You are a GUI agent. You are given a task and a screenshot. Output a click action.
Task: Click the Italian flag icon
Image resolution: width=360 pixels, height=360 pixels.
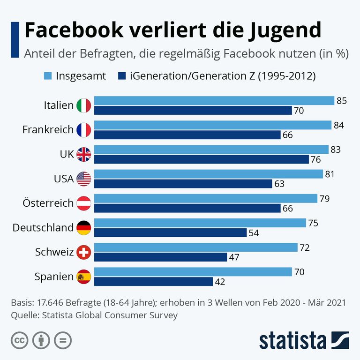(83, 105)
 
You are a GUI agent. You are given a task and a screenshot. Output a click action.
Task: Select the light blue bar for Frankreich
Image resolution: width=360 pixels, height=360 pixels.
(213, 125)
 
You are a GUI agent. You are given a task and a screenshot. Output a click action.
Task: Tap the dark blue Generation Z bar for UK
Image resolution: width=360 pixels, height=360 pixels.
(201, 159)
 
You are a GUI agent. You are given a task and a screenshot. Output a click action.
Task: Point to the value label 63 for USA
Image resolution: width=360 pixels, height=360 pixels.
(279, 184)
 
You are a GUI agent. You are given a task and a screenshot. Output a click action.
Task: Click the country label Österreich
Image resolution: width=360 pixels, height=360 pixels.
(48, 203)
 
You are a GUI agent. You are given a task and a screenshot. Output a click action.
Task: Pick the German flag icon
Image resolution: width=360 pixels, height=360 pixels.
(83, 228)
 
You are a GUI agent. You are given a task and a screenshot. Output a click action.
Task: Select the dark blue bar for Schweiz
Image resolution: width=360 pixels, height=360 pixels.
(160, 257)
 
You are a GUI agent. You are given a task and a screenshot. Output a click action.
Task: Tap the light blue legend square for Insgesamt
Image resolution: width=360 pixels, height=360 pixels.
(48, 75)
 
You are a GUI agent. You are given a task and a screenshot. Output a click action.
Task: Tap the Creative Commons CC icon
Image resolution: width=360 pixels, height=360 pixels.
(18, 340)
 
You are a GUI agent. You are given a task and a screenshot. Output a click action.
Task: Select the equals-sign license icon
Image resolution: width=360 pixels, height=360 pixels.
(62, 340)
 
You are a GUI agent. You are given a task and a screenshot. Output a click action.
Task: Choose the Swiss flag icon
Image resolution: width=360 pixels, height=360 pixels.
(83, 252)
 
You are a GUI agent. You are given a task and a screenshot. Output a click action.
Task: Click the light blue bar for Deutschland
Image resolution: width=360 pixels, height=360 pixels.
(200, 223)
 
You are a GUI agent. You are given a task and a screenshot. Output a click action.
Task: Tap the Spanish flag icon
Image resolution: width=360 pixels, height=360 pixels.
(83, 277)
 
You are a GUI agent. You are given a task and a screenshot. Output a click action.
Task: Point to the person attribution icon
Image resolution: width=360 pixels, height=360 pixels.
(40, 340)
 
